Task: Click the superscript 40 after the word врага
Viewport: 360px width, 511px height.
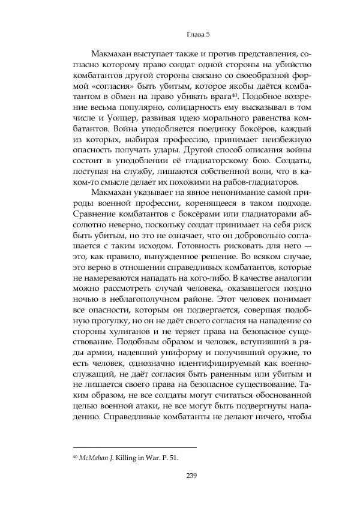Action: (236, 94)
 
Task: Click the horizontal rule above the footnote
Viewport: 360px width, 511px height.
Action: (134, 446)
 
